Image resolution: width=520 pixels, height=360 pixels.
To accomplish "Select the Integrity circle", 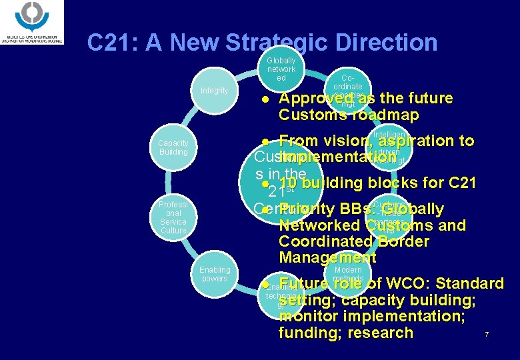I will tap(214, 91).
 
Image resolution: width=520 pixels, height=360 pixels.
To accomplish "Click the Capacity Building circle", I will tap(173, 147).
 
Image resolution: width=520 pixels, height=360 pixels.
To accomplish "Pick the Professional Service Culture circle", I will tap(173, 217).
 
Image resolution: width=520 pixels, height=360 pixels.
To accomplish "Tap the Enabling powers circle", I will tap(214, 274).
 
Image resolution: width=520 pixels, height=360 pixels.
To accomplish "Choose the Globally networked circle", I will tap(281, 69).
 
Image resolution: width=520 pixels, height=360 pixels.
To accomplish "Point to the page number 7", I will tap(487, 334).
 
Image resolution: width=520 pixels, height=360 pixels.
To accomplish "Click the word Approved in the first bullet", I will tap(313, 99).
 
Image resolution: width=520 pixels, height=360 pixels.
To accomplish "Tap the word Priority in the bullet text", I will tap(307, 209).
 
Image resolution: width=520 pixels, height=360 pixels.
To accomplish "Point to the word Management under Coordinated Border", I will tap(327, 257).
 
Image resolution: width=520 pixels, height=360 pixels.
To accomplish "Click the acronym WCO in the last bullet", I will tap(408, 284).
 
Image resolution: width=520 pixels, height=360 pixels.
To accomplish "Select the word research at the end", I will tap(379, 332).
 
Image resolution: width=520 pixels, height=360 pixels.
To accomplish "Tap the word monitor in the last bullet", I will tap(309, 316).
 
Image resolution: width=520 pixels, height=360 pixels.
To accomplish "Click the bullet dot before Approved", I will tap(265, 99).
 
